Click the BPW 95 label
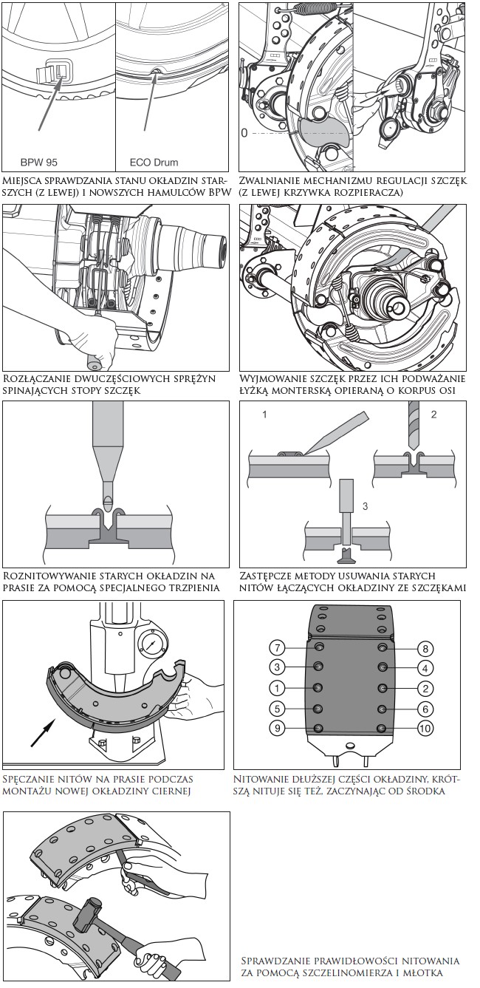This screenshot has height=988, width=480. (39, 163)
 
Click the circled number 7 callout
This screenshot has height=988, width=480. (277, 648)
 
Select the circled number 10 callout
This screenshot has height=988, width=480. (425, 728)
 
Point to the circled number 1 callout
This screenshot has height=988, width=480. (277, 688)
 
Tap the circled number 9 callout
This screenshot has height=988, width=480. (277, 727)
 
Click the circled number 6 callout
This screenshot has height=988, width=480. (425, 709)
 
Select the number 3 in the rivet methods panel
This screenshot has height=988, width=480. (365, 506)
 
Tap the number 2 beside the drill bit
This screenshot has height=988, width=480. (433, 414)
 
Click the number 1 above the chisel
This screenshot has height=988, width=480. (264, 414)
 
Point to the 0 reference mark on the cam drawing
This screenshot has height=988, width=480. (244, 132)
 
